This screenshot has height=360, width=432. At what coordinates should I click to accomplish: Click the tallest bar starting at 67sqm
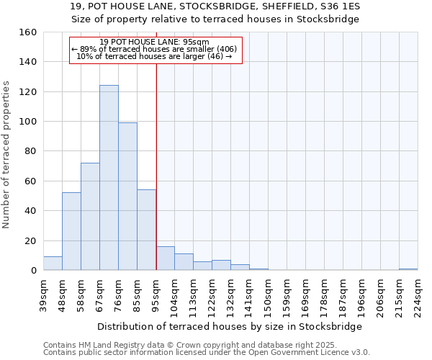pyautogui.click(x=109, y=178)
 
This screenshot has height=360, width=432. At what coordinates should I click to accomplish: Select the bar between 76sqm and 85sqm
pyautogui.click(x=127, y=197)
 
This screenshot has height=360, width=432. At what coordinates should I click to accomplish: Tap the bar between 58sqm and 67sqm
pyautogui.click(x=90, y=217)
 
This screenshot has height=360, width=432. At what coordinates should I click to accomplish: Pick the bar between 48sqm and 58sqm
pyautogui.click(x=71, y=231)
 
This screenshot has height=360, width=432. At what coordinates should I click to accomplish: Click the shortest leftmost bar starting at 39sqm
pyautogui.click(x=53, y=264)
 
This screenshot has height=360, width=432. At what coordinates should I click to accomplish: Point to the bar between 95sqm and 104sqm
pyautogui.click(x=165, y=258)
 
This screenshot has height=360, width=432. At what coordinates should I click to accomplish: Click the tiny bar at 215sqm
pyautogui.click(x=408, y=269)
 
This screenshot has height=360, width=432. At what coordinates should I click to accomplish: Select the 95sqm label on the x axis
pyautogui.click(x=156, y=293)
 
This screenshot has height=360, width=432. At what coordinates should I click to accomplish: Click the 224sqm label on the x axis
pyautogui.click(x=418, y=295)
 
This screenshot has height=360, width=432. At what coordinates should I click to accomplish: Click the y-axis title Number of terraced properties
pyautogui.click(x=6, y=155)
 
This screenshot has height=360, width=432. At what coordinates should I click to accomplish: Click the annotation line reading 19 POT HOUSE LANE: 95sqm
pyautogui.click(x=155, y=42)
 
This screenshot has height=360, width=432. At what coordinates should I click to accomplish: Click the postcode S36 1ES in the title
pyautogui.click(x=340, y=6)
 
